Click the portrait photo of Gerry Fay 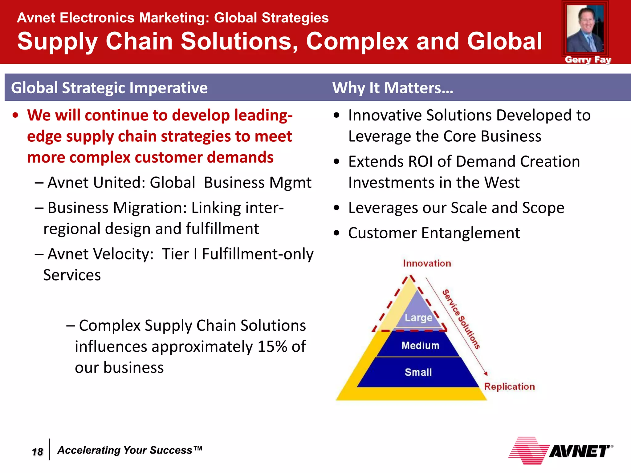585,29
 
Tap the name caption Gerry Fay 588,60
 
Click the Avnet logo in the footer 561,451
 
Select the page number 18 37,452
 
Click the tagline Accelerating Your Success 130,450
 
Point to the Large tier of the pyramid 418,317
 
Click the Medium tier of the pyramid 420,346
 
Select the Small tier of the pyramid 418,372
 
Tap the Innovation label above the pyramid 427,264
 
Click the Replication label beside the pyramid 509,386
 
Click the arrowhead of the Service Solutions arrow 486,374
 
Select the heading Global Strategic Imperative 109,88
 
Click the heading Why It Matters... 393,88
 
